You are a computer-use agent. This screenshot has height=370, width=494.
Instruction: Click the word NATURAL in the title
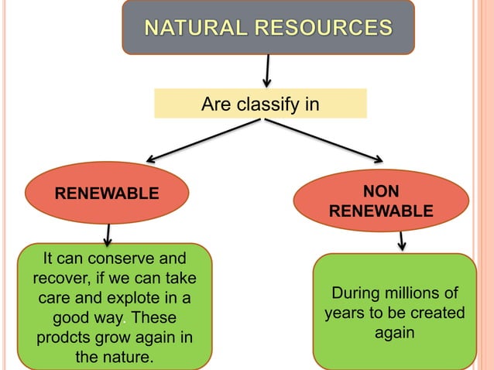point(194,29)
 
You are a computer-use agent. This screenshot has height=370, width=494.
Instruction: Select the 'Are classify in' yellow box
point(260,104)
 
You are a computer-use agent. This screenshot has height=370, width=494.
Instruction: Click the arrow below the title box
point(268,70)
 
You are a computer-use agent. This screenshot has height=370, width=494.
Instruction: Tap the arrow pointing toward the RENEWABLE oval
point(201,140)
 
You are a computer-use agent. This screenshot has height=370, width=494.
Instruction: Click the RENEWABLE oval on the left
point(106,193)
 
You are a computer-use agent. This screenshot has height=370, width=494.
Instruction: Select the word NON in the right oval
point(382,192)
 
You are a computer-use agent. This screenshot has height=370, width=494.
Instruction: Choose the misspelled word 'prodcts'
point(62,338)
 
